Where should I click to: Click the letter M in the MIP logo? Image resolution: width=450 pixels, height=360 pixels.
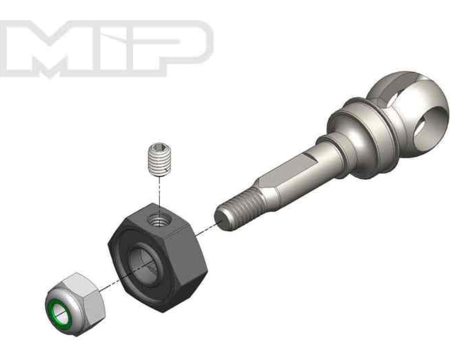tap(53, 48)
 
